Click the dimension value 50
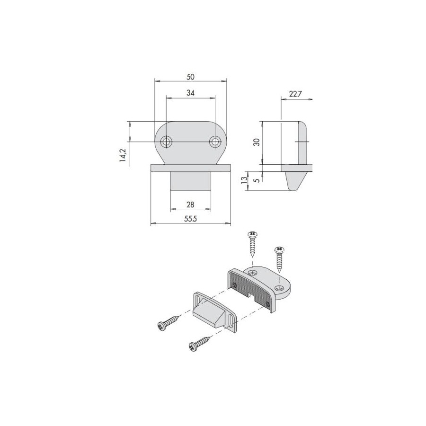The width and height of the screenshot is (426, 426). click(190, 77)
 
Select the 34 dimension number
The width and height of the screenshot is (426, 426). click(190, 93)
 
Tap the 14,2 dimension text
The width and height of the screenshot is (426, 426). click(123, 156)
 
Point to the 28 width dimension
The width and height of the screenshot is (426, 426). click(190, 204)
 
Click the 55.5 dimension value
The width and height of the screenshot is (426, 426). click(190, 219)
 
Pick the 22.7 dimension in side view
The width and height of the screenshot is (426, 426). click(295, 94)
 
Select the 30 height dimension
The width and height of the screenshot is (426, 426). click(257, 142)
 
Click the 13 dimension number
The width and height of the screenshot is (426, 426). click(244, 180)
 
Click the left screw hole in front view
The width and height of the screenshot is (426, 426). click(166, 142)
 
